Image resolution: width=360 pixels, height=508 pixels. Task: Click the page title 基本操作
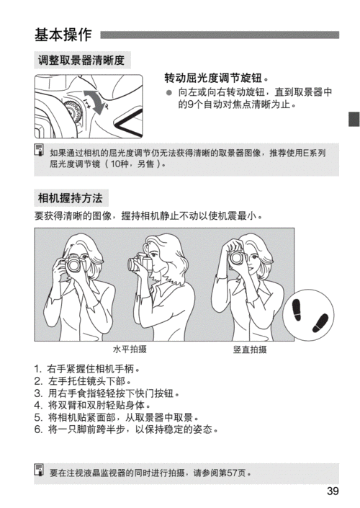pyautogui.click(x=63, y=35)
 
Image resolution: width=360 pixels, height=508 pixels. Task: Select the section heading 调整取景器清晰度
pyautogui.click(x=81, y=61)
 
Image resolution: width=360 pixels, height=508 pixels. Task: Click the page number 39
pyautogui.click(x=332, y=491)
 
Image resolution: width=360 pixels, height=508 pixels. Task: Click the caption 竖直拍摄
pyautogui.click(x=250, y=349)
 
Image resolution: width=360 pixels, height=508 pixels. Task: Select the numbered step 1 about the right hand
pyautogui.click(x=86, y=370)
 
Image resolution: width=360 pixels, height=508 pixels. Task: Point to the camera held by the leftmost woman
pyautogui.click(x=75, y=265)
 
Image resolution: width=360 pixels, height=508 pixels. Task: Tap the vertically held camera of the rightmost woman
pyautogui.click(x=237, y=257)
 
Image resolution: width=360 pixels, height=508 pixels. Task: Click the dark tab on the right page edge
pyautogui.click(x=354, y=120)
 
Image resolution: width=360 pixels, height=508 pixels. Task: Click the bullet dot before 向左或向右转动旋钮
pyautogui.click(x=168, y=92)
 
